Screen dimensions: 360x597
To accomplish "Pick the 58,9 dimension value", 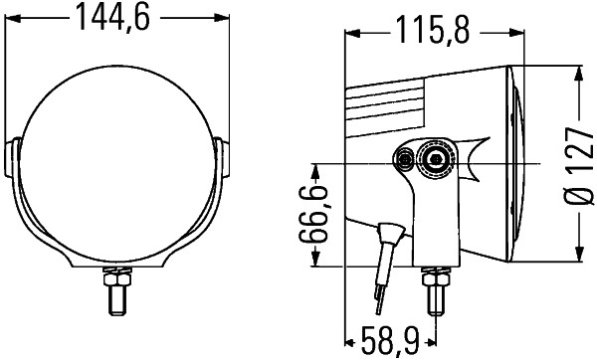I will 388,344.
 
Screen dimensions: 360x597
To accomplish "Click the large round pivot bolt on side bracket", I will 435,160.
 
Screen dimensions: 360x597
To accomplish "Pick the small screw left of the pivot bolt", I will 405,159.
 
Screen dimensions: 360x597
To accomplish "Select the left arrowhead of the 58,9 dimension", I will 349,344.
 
